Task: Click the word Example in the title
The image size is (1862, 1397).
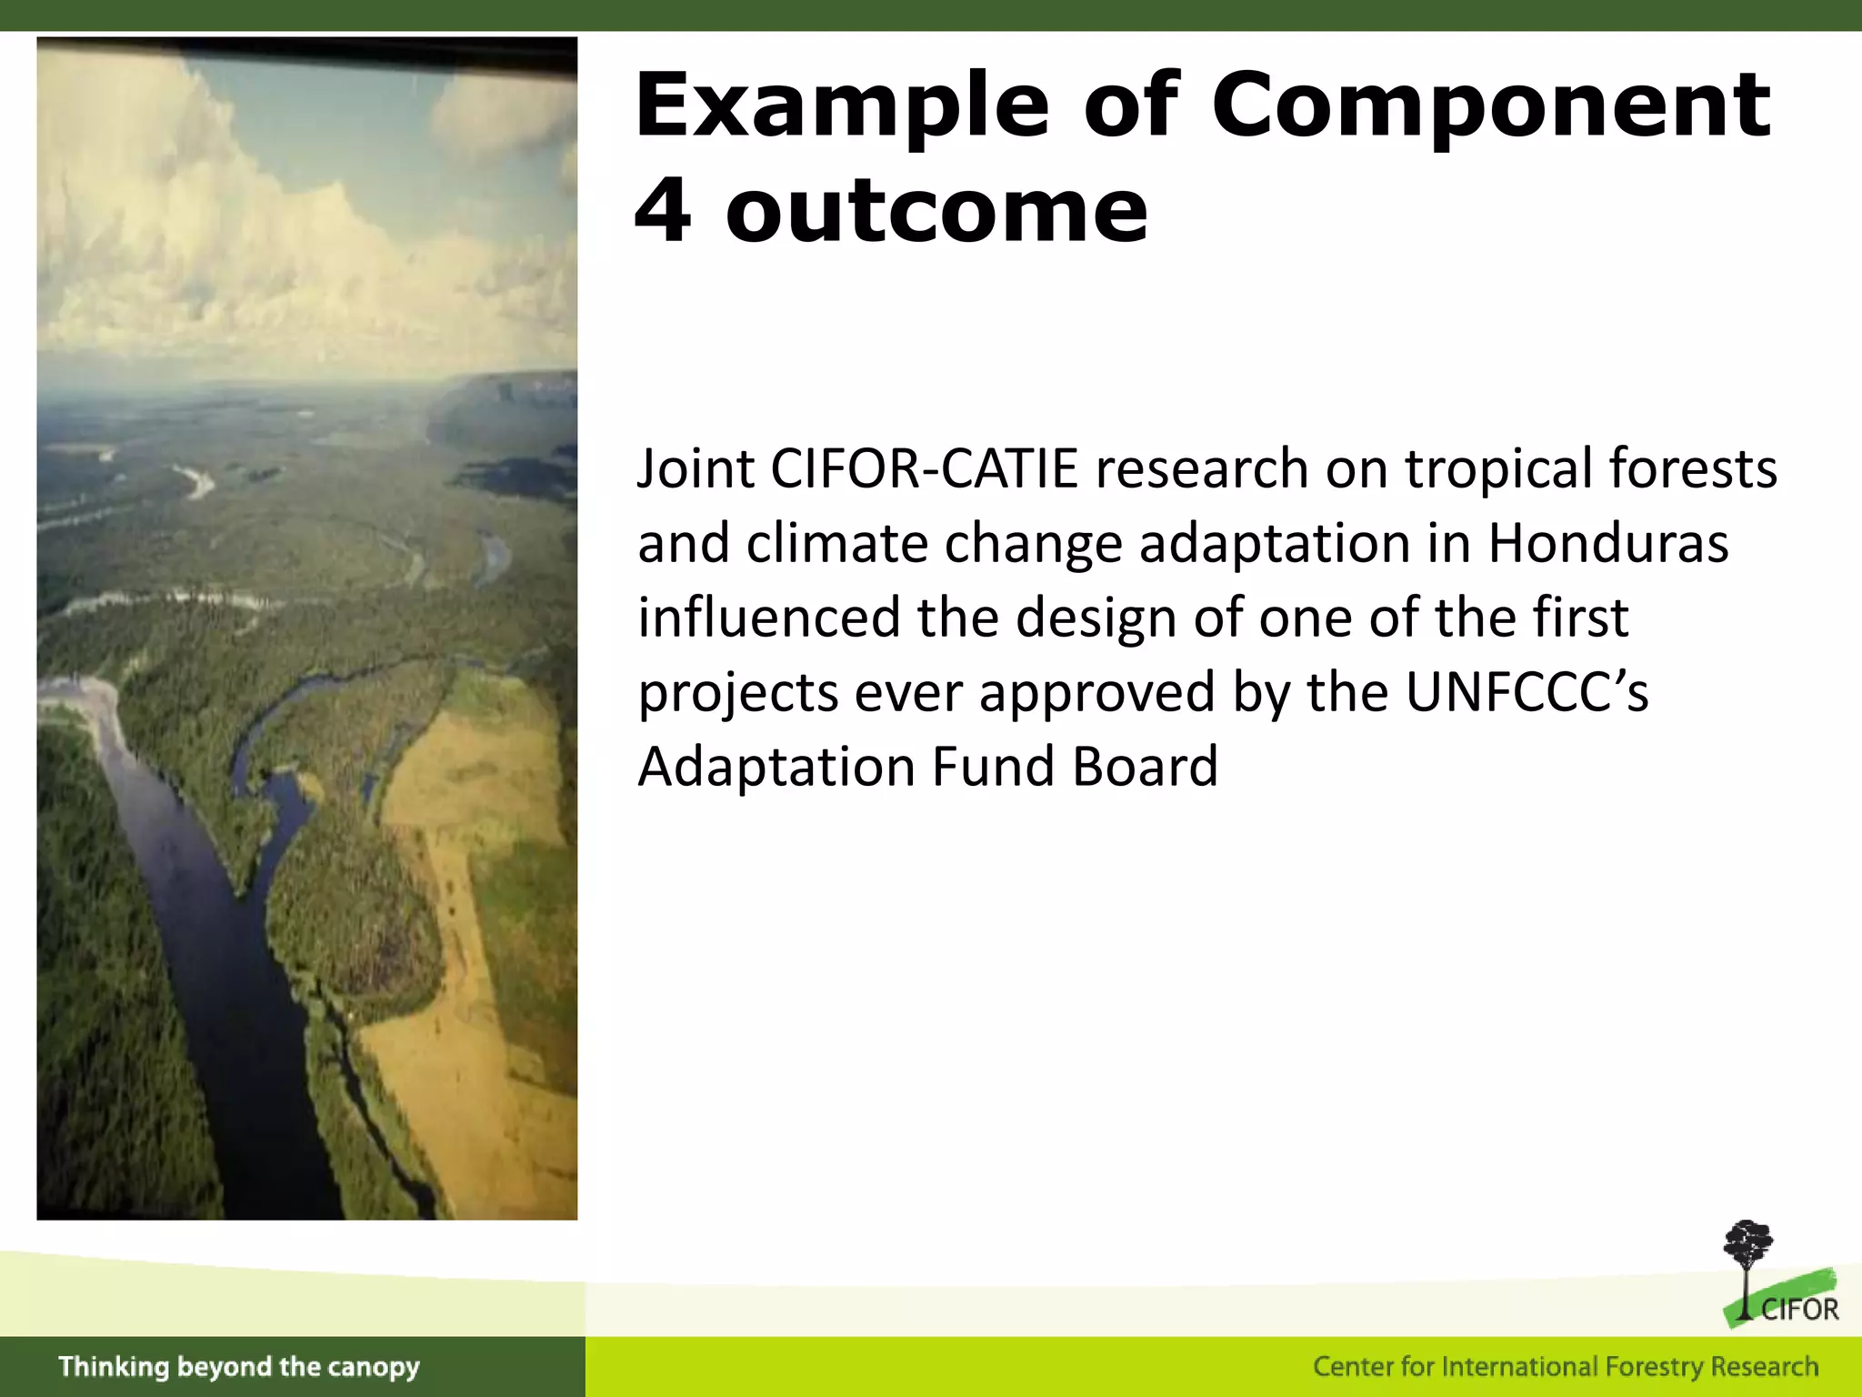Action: (842, 107)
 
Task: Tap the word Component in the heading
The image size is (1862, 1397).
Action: (1491, 107)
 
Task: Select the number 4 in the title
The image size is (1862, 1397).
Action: (663, 211)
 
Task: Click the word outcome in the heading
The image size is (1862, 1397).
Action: (936, 213)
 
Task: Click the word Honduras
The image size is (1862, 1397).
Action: (1607, 544)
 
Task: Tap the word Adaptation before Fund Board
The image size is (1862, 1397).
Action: (776, 768)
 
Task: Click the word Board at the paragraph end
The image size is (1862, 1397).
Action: (1145, 768)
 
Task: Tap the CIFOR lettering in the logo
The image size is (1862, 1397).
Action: (1799, 1311)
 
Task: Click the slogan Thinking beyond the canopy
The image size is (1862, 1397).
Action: (239, 1367)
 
